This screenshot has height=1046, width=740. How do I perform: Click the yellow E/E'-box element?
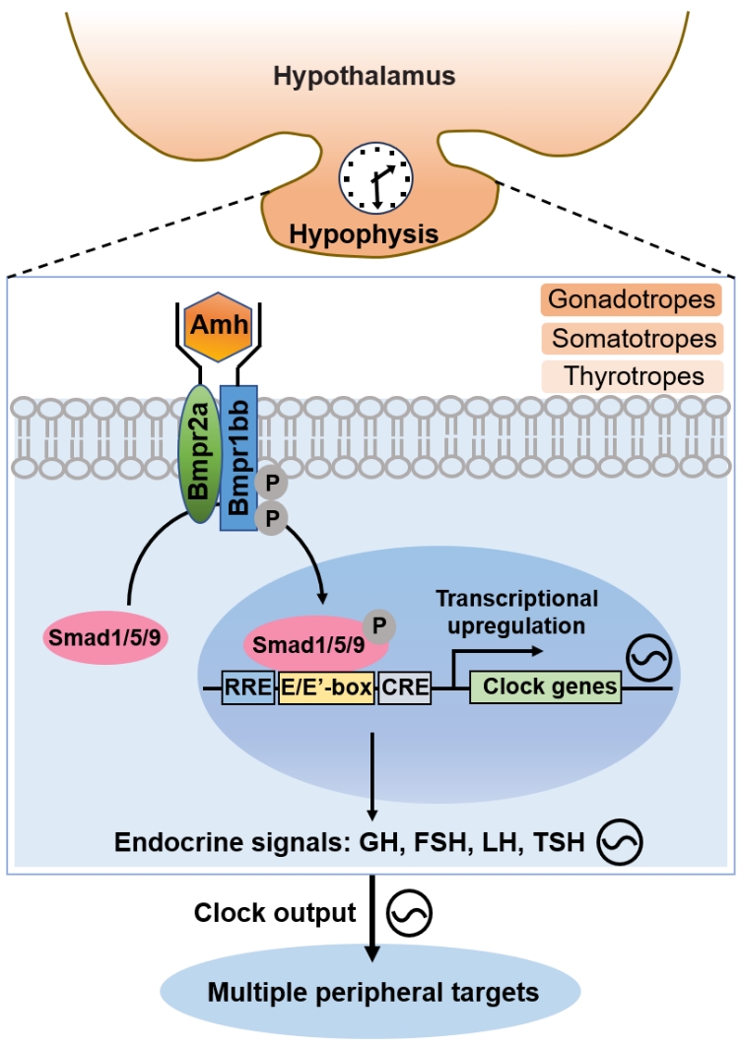pos(326,687)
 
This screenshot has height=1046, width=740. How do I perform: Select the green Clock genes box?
pos(545,687)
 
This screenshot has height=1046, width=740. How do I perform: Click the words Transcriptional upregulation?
pos(516,612)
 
